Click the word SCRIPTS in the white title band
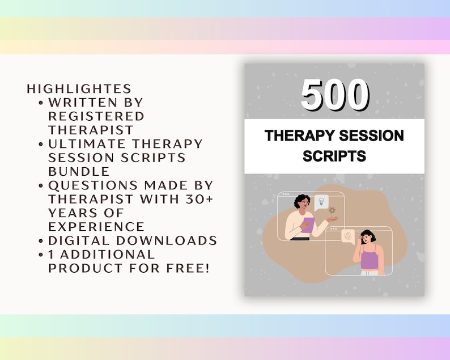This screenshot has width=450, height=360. [x=334, y=156]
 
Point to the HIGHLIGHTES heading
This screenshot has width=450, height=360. [x=79, y=89]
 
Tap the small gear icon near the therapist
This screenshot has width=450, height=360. [x=332, y=210]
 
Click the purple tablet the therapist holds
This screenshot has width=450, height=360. [x=308, y=225]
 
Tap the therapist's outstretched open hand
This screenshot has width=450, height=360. [x=333, y=219]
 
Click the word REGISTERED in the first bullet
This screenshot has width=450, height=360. [x=96, y=116]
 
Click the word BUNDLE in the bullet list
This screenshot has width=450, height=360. [x=79, y=171]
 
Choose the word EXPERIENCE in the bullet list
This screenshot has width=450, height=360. [x=96, y=227]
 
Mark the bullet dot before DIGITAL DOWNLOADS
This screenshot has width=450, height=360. [x=42, y=241]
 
